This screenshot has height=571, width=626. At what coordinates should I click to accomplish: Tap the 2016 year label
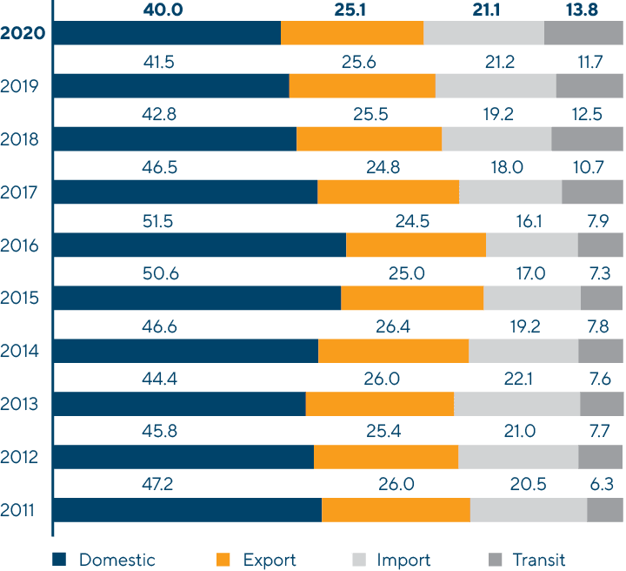tap(20, 245)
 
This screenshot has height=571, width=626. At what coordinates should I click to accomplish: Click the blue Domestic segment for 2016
tap(200, 245)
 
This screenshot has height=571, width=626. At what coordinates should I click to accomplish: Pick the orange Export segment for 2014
tap(393, 351)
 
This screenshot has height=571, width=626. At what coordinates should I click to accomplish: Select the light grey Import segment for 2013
tap(516, 404)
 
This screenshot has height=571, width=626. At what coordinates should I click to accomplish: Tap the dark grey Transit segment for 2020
tap(583, 33)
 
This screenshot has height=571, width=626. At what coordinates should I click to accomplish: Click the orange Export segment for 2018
tap(369, 138)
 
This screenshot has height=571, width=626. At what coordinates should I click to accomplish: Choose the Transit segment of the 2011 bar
tap(605, 510)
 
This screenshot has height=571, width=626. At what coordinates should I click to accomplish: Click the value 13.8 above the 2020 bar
tap(582, 10)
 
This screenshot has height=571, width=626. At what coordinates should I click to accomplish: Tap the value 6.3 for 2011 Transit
tap(600, 486)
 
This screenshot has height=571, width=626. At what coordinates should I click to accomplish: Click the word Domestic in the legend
tap(117, 560)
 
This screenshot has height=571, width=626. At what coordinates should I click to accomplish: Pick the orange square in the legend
tap(224, 560)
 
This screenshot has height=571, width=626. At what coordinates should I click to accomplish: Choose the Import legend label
tap(403, 560)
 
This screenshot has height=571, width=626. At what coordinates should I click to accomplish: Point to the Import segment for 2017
tap(510, 191)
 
